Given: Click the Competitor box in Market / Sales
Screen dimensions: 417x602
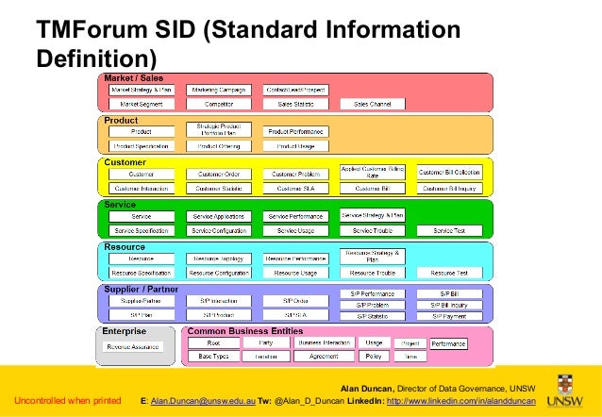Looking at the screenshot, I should (x=219, y=103).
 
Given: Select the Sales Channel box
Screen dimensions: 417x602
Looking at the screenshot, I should (x=374, y=103).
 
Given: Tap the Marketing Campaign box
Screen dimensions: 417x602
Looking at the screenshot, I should (x=219, y=90).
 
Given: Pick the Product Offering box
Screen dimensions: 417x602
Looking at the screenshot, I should (x=219, y=146).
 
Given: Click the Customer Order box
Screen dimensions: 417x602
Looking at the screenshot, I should (x=219, y=175).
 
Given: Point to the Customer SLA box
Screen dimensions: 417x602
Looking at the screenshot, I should (x=296, y=189).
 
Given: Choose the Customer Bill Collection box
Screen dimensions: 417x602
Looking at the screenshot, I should (x=449, y=173).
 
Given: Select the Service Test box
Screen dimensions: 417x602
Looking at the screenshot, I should (x=449, y=231).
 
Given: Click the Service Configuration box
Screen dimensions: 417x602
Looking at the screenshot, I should (x=219, y=231).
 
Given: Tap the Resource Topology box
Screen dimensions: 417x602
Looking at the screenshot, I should (x=219, y=259).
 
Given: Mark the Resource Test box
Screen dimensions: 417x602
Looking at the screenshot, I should (x=449, y=273).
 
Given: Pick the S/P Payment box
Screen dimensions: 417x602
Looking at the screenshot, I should (x=449, y=316).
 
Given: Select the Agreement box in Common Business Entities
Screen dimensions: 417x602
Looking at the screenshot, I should (x=324, y=357).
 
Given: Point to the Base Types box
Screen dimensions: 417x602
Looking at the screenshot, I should (x=214, y=357).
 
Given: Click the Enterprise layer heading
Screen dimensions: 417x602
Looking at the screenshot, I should (x=125, y=332).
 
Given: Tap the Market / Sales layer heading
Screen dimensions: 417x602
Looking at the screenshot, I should (x=133, y=76).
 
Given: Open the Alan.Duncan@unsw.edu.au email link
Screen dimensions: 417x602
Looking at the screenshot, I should (x=202, y=401).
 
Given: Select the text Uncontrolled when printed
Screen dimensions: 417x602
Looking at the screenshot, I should (x=67, y=401).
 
